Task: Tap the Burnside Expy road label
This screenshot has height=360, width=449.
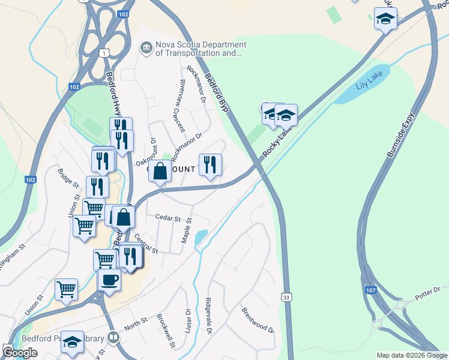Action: click(x=400, y=137)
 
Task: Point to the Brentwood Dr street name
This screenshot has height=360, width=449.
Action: click(x=258, y=321)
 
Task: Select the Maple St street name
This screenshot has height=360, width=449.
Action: click(x=186, y=230)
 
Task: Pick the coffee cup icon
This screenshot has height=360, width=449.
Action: click(x=109, y=280)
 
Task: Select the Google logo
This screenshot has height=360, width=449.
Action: click(x=20, y=353)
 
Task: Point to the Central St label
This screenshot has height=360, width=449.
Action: click(x=146, y=244)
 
